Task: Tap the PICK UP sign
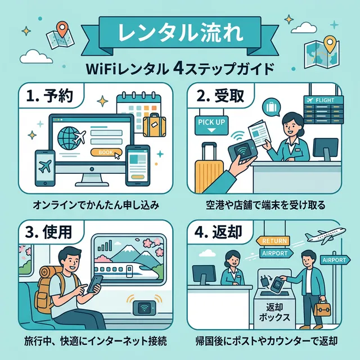pos(211,121)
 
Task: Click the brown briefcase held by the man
pos(323,309)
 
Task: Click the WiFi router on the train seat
pos(143,308)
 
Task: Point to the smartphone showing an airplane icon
pos(46,167)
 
